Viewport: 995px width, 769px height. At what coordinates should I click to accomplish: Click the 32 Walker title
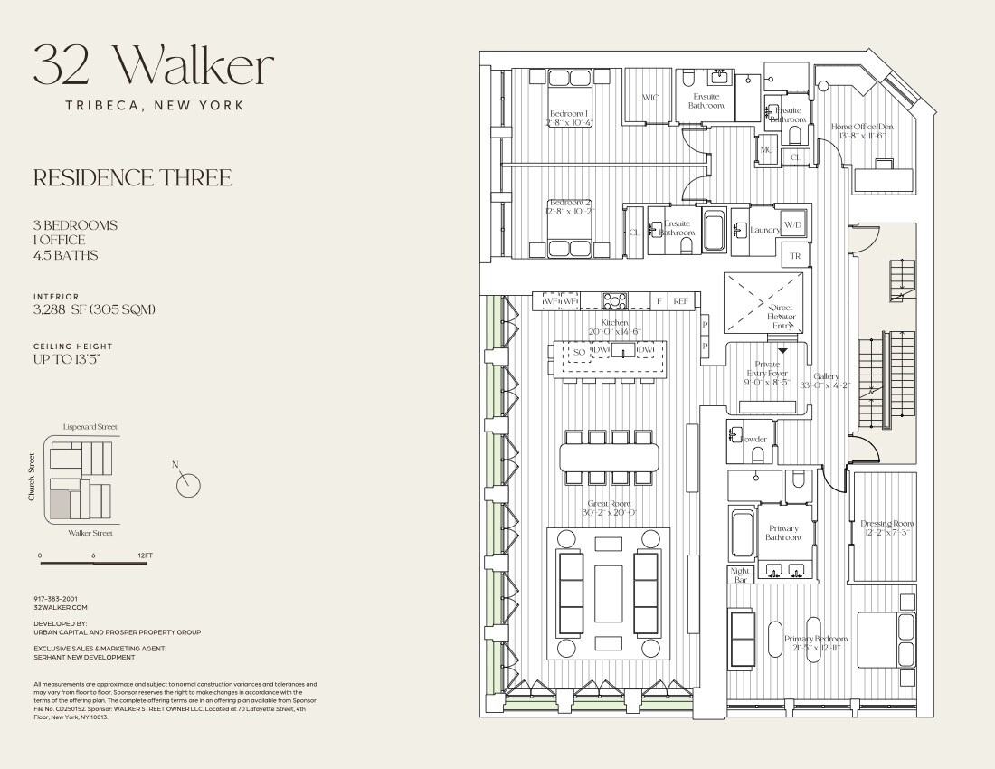click(153, 66)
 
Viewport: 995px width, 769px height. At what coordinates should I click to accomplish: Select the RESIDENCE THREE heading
click(132, 178)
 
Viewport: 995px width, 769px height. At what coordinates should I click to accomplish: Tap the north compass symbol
click(188, 485)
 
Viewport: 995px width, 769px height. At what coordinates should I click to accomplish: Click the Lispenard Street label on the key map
click(90, 427)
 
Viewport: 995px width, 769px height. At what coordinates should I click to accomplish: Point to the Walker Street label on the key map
click(90, 533)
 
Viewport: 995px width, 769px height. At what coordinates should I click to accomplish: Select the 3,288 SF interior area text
click(95, 309)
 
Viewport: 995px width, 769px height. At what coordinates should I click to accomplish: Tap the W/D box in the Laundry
click(792, 224)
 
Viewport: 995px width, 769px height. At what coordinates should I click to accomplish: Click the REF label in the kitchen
click(680, 300)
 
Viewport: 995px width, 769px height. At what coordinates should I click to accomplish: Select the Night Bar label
click(740, 574)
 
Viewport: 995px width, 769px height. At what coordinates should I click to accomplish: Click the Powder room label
click(753, 439)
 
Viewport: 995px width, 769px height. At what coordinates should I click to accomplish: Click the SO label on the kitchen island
click(579, 351)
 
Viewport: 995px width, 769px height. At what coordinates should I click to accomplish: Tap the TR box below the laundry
click(795, 256)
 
